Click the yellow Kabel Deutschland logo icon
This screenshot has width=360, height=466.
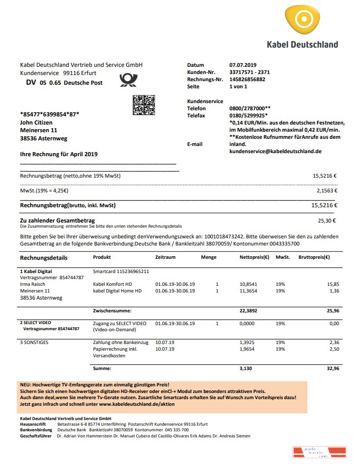coord(303,20)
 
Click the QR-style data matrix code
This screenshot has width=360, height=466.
coord(143,105)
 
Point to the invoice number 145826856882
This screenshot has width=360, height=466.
coord(248,80)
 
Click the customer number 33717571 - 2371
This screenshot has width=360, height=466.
coord(250,72)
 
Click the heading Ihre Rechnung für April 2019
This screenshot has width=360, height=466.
coord(58,154)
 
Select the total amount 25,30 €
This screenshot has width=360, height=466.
coord(327,221)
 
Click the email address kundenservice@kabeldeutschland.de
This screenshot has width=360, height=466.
coord(275,152)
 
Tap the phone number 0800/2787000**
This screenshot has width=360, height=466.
coord(250,109)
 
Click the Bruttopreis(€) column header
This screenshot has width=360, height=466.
coord(314,257)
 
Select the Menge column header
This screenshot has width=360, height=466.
coord(208,257)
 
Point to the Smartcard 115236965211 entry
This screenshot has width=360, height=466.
coord(121,271)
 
